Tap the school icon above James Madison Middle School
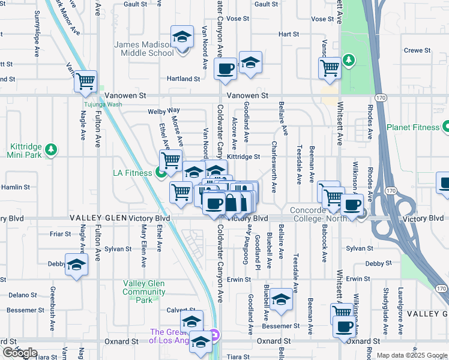pyautogui.click(x=182, y=37)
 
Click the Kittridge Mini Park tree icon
pyautogui.click(x=52, y=149)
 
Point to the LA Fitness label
pyautogui.click(x=133, y=174)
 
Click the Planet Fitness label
pyautogui.click(x=412, y=127)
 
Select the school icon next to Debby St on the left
pyautogui.click(x=77, y=265)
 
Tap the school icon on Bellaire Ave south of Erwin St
pyautogui.click(x=280, y=300)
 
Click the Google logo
pyautogui.click(x=19, y=353)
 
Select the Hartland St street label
pyautogui.click(x=183, y=79)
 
